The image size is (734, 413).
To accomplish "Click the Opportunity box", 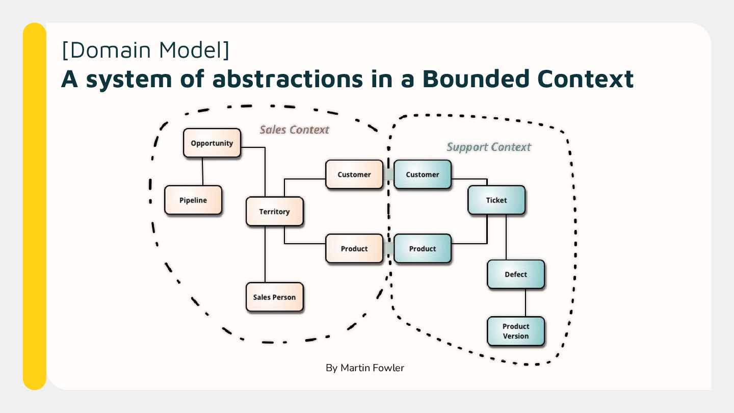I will pyautogui.click(x=212, y=143).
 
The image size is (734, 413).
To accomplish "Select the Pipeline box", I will pyautogui.click(x=193, y=200).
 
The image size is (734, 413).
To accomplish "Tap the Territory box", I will pyautogui.click(x=274, y=212).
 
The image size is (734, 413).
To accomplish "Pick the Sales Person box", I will pyautogui.click(x=274, y=297).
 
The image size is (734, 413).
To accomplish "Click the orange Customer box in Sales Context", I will pyautogui.click(x=354, y=174).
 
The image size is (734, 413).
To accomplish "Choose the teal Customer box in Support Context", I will pyautogui.click(x=423, y=174).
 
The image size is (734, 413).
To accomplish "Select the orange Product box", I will pyautogui.click(x=354, y=249).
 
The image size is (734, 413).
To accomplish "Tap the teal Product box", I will pyautogui.click(x=423, y=249).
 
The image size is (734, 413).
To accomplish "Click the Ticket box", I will pyautogui.click(x=496, y=200).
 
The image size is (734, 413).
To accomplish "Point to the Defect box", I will pyautogui.click(x=516, y=274).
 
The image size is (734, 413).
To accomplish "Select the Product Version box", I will pyautogui.click(x=516, y=331).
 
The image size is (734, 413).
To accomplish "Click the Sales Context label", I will pyautogui.click(x=295, y=130).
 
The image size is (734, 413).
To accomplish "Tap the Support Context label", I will pyautogui.click(x=489, y=147).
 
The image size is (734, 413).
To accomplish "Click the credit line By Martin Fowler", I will pyautogui.click(x=365, y=368).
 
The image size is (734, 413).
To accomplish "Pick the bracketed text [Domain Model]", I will pyautogui.click(x=145, y=50).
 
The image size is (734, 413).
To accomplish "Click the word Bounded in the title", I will pyautogui.click(x=473, y=79).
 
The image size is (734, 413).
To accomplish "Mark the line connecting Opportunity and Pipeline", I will pyautogui.click(x=203, y=171).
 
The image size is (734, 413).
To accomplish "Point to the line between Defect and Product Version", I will pyautogui.click(x=526, y=303).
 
